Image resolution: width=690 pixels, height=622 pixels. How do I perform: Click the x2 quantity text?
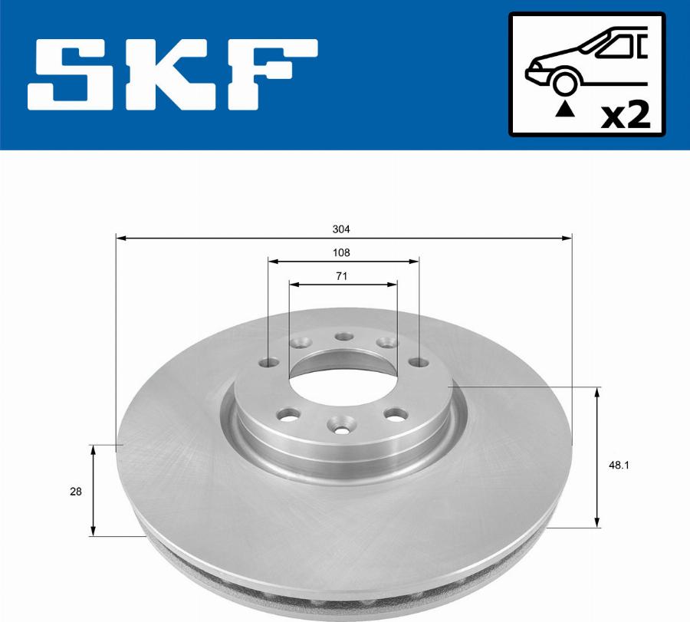[x=626, y=117]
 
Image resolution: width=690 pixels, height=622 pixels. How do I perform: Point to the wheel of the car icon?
[x=565, y=81]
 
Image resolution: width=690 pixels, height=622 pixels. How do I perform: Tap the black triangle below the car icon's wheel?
[x=565, y=110]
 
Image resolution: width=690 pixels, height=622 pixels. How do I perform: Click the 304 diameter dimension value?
[x=343, y=229]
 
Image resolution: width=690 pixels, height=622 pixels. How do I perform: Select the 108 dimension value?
[x=343, y=252]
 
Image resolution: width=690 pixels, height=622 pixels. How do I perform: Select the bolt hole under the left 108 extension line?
[x=268, y=361]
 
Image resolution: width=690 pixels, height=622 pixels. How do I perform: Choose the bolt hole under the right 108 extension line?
[x=418, y=361]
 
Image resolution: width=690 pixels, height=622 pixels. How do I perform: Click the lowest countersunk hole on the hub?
[x=340, y=423]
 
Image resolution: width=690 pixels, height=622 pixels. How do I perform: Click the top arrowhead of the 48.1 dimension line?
[x=598, y=392]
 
